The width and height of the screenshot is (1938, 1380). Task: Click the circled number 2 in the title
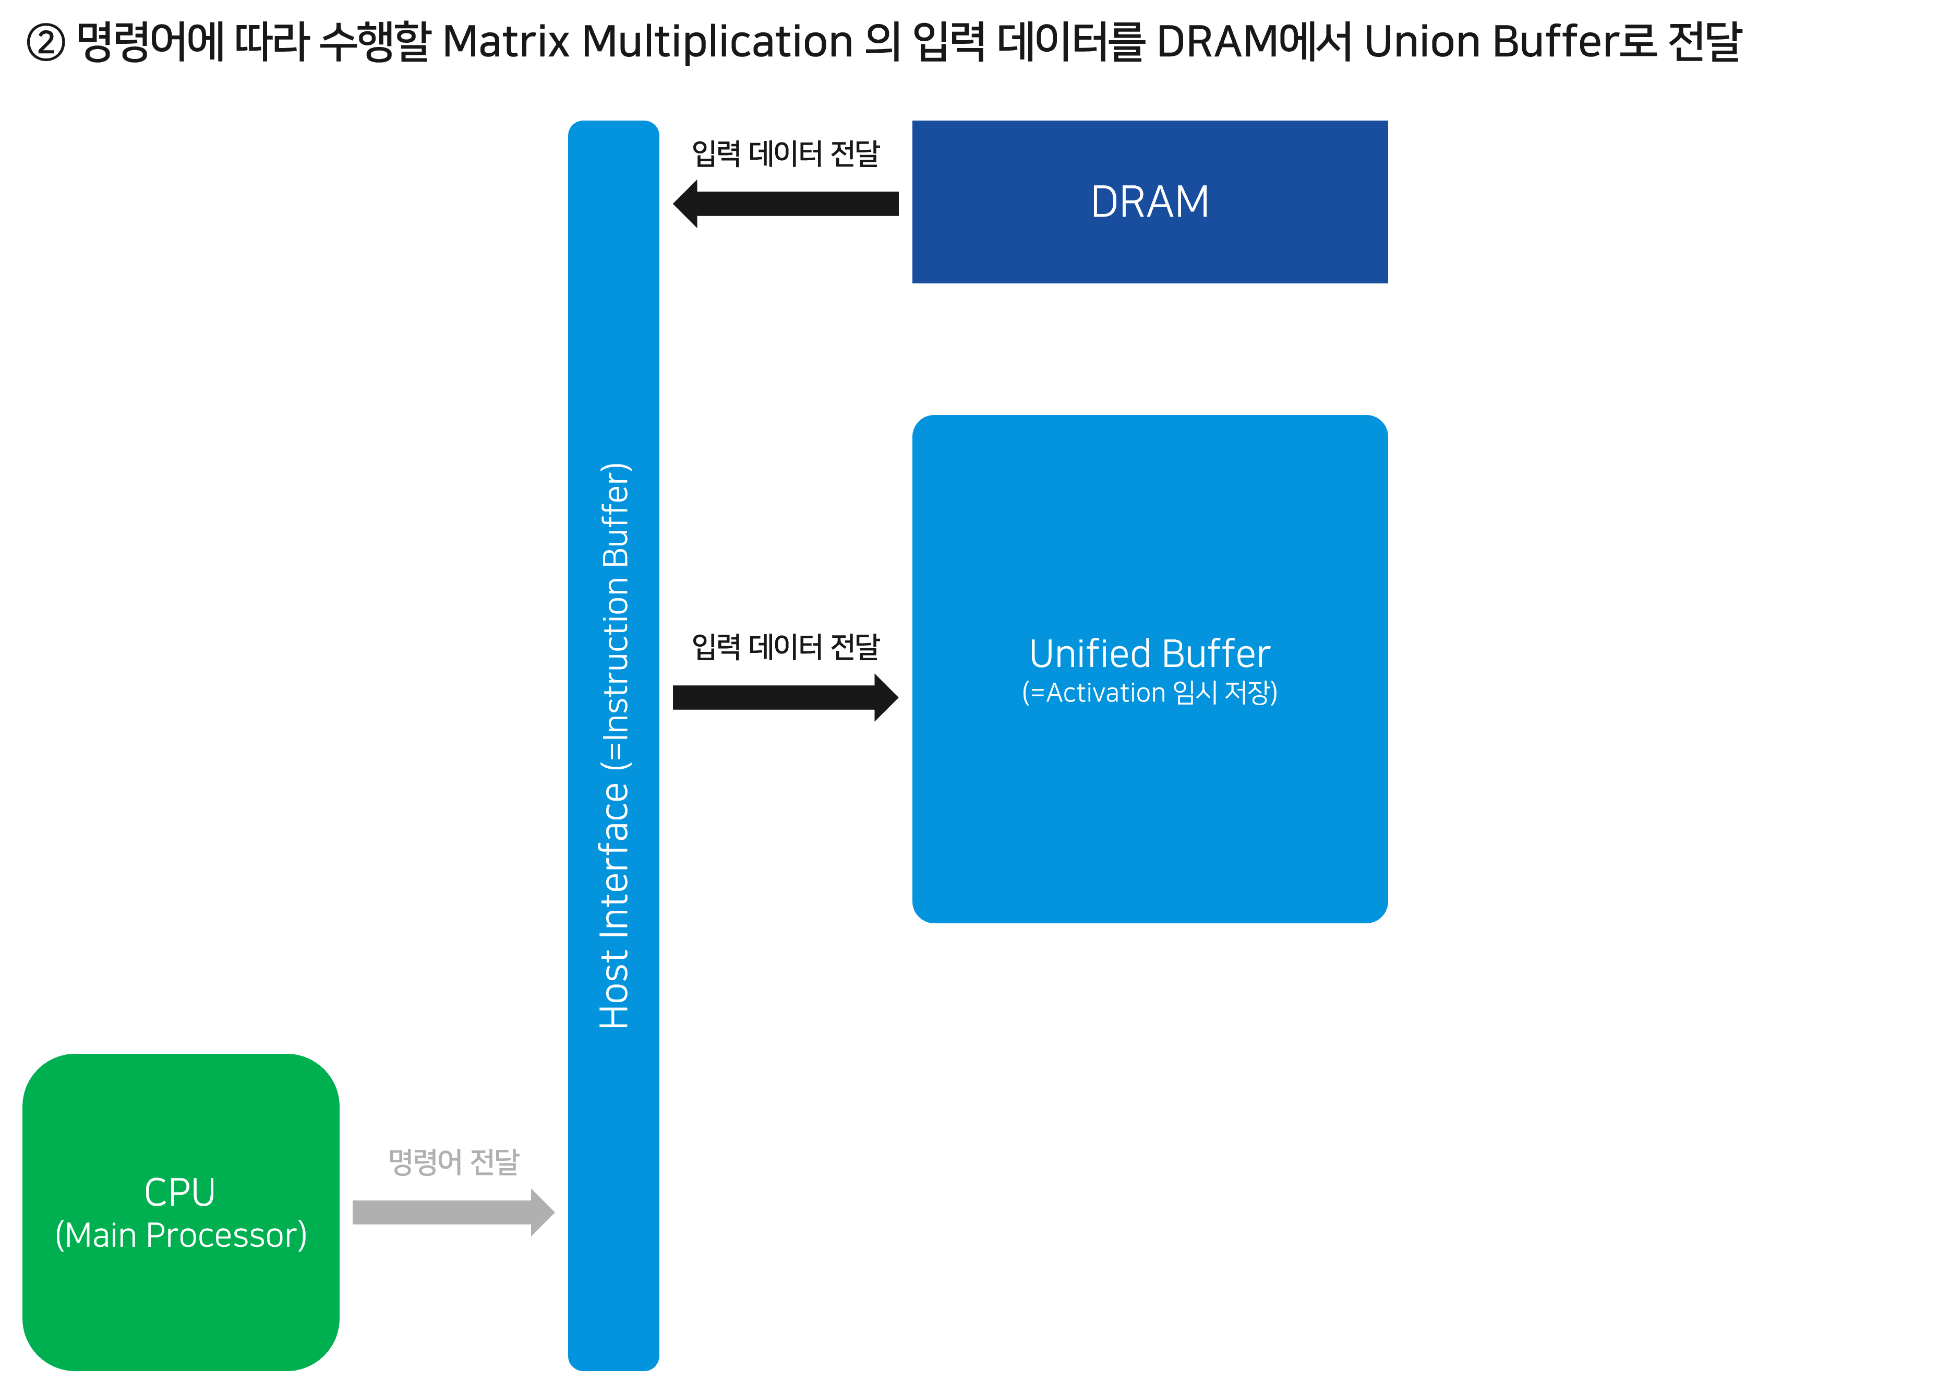coord(46,42)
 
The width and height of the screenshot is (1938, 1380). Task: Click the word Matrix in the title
coord(505,42)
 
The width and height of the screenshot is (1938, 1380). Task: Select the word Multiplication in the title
coord(718,42)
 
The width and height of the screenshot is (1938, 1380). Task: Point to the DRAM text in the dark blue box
coord(1149,202)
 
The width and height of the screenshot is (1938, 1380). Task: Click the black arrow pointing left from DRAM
coord(786,204)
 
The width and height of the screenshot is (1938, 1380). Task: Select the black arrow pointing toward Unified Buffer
coord(786,698)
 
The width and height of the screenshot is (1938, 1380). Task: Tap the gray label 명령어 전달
coord(453,1162)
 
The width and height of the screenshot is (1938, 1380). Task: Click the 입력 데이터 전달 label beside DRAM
coord(786,154)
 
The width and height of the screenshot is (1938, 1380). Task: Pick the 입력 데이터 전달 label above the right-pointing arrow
coord(786,648)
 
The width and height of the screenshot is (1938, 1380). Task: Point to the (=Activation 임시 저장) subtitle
coord(1149,693)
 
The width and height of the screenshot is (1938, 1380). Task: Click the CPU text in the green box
coord(180,1192)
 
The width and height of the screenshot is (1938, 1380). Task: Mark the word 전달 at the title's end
coord(1704,42)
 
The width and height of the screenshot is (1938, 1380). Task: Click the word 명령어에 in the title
coord(150,42)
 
